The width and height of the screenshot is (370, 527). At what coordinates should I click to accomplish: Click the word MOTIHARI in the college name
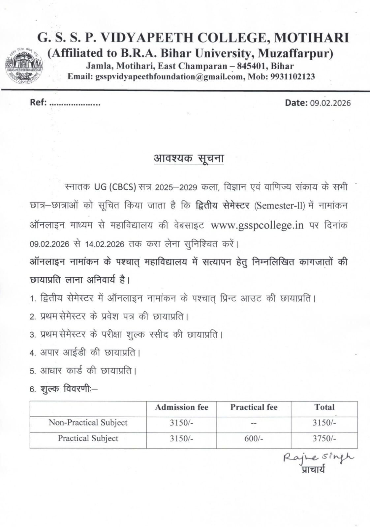312,38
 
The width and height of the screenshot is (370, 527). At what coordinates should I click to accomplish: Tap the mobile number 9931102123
293,77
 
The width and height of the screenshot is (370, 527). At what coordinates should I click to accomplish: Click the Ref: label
38,102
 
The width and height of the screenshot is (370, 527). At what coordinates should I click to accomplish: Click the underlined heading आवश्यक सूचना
189,158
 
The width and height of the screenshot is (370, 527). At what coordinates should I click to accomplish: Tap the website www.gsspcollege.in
257,225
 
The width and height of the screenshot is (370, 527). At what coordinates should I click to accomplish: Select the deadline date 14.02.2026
105,244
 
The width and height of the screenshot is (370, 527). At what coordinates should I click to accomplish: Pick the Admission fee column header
181,407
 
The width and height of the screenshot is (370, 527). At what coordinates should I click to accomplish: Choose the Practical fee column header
254,407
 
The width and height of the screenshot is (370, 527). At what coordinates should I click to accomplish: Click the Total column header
324,407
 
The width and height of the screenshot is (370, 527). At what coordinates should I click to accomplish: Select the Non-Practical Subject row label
88,423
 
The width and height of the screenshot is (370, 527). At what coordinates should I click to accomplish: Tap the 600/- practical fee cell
254,439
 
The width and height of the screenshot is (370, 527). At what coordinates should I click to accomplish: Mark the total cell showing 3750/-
324,439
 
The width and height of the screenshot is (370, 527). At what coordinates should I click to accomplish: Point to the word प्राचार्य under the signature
313,469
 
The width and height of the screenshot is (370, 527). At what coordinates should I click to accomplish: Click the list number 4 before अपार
32,353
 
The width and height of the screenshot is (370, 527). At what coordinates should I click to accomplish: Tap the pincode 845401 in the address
251,66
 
